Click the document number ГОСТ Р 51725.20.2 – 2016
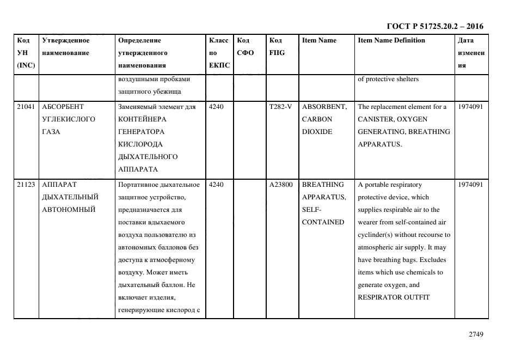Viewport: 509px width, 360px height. tap(434, 26)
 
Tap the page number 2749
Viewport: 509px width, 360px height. tap(476, 334)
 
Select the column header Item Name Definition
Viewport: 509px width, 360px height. tap(391, 40)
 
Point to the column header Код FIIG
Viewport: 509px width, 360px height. tap(277, 47)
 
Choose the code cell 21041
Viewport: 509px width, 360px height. tap(26, 107)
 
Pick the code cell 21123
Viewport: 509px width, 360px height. tap(26, 185)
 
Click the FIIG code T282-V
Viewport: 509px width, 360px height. tap(280, 107)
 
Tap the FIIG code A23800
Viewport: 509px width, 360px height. tap(281, 185)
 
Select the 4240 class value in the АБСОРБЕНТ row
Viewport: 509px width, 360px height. tap(216, 107)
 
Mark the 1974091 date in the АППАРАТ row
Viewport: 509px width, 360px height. tap(470, 185)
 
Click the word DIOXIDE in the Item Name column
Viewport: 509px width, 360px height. tap(317, 132)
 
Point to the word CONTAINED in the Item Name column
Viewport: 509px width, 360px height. tap(323, 222)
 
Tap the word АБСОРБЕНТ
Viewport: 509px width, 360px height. tap(63, 107)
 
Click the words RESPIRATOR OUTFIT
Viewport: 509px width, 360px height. tap(394, 297)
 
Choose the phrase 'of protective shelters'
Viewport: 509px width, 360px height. tap(388, 80)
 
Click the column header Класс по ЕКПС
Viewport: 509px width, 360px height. tap(219, 53)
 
